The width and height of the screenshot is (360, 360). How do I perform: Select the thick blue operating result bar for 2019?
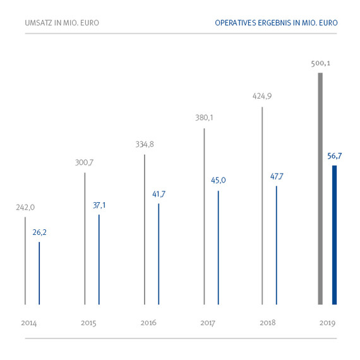[x=335, y=235]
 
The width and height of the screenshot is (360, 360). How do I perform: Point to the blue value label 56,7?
[x=336, y=156]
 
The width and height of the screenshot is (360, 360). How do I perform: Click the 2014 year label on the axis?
[x=28, y=323]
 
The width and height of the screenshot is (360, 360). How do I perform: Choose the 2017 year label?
[x=208, y=323]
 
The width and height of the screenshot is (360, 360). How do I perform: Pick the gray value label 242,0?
[x=25, y=207]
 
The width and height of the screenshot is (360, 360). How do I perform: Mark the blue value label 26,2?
[x=39, y=232]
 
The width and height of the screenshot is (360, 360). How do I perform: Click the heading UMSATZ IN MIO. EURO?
[x=61, y=23]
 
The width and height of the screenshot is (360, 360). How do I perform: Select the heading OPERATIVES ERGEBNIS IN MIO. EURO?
[x=276, y=23]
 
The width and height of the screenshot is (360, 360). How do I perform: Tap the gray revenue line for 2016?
[x=145, y=229]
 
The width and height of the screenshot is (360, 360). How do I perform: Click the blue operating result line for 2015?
[x=99, y=259]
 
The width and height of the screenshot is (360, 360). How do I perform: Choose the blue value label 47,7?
[x=277, y=176]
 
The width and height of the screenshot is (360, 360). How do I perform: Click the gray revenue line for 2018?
[x=262, y=205]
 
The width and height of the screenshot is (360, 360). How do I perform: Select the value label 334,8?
[x=145, y=144]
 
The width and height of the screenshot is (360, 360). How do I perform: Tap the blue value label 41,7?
[x=159, y=194]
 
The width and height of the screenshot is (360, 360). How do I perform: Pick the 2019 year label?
[x=327, y=323]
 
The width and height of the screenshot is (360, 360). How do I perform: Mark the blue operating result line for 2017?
[x=218, y=247]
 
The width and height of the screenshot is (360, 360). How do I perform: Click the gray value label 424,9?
[x=261, y=97]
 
